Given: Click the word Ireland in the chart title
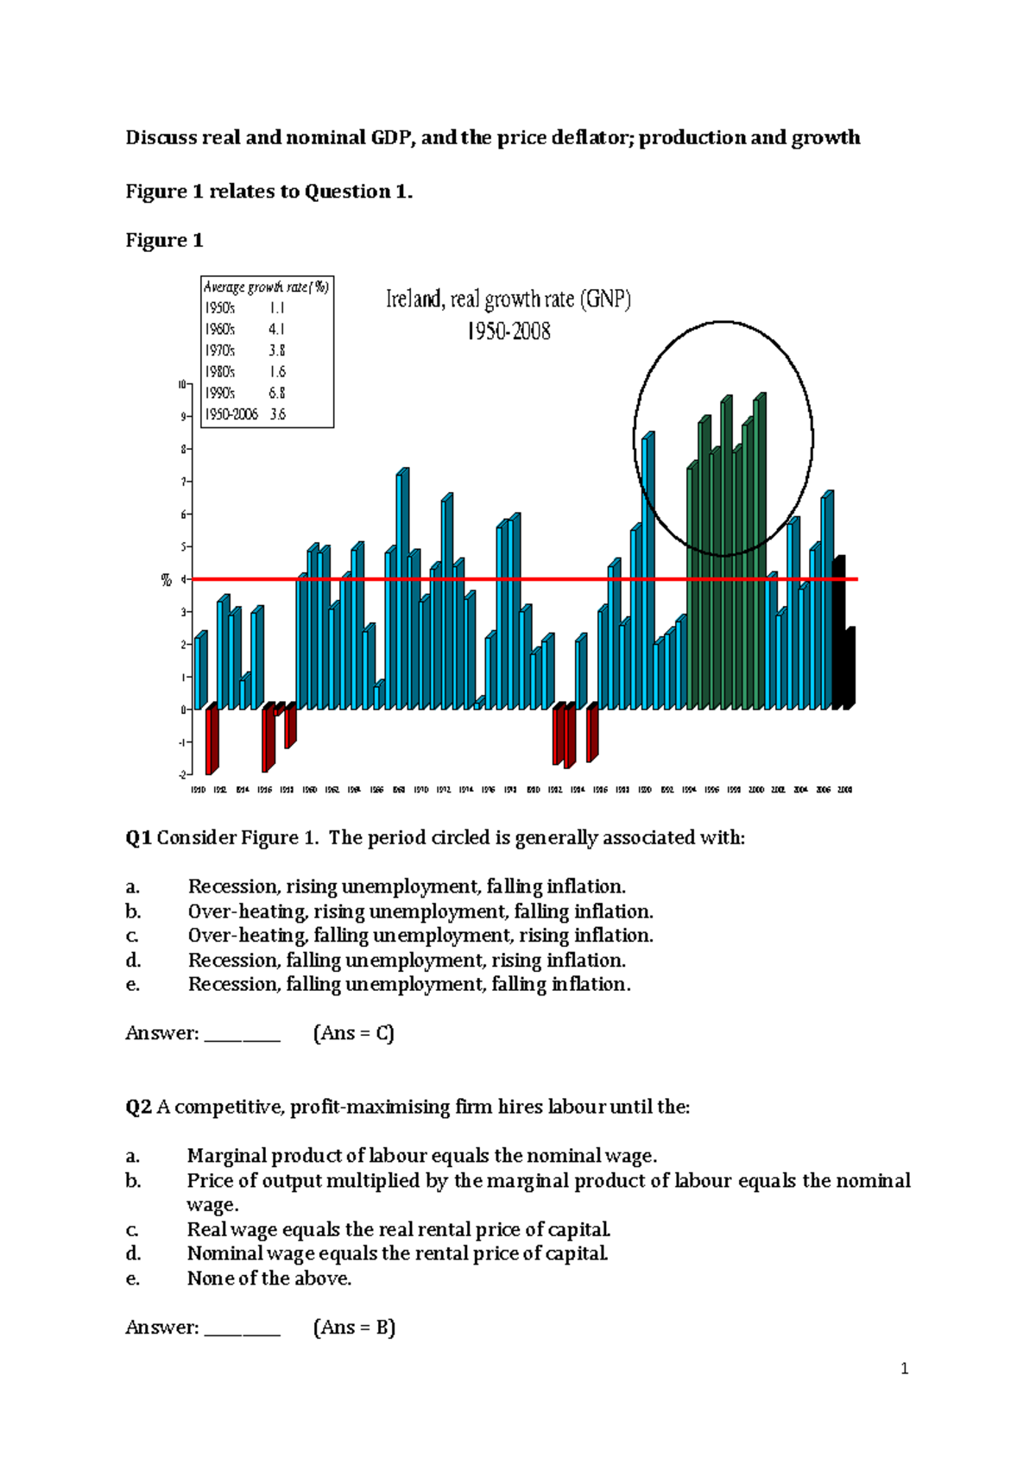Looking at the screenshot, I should tap(413, 300).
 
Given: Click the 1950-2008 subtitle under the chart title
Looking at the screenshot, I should tap(509, 331).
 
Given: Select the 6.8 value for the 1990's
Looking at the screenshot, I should tap(276, 393).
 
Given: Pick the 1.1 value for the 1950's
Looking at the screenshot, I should tap(276, 308).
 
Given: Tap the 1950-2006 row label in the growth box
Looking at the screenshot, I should tap(231, 414).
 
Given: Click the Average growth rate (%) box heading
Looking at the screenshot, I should tap(266, 287).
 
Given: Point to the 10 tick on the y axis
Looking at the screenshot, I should tap(181, 384).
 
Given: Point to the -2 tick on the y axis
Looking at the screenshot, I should tap(181, 774).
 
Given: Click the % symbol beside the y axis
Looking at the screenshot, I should tap(167, 581).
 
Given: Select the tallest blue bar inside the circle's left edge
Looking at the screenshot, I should tap(648, 570).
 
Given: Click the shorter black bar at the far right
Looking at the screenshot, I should tap(850, 669).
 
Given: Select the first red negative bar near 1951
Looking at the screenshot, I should tap(212, 741).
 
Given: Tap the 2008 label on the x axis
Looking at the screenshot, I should tap(845, 790).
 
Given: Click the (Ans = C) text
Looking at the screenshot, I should tap(353, 1033).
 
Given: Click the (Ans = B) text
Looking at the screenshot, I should tap(353, 1328).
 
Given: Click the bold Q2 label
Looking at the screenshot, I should tap(138, 1107).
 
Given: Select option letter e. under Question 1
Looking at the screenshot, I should tap(132, 985).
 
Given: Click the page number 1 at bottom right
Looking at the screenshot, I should tap(904, 1368).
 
